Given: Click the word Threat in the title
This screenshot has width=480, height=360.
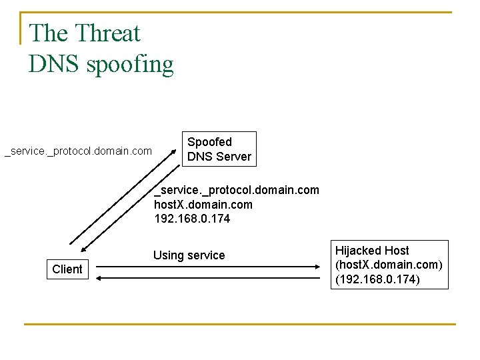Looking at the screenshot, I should click(107, 33).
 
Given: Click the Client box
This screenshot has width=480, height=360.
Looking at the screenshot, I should click(67, 269).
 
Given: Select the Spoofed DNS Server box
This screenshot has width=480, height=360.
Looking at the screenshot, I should click(219, 149).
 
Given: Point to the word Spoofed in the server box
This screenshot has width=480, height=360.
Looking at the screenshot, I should click(209, 142).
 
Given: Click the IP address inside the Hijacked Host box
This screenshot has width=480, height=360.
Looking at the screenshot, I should click(377, 279).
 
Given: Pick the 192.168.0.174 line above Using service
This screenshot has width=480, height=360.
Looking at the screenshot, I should click(192, 219).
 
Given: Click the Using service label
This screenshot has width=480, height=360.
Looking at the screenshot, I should click(189, 255).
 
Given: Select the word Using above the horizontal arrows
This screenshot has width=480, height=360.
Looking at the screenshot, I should click(168, 255).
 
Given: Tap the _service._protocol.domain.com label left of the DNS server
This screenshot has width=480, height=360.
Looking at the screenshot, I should click(79, 152).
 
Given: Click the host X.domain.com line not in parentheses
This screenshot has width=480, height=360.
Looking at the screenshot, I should click(203, 205).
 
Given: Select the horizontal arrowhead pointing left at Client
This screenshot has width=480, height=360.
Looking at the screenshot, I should click(99, 277).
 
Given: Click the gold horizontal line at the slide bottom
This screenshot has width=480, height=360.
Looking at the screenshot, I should click(239, 325).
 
